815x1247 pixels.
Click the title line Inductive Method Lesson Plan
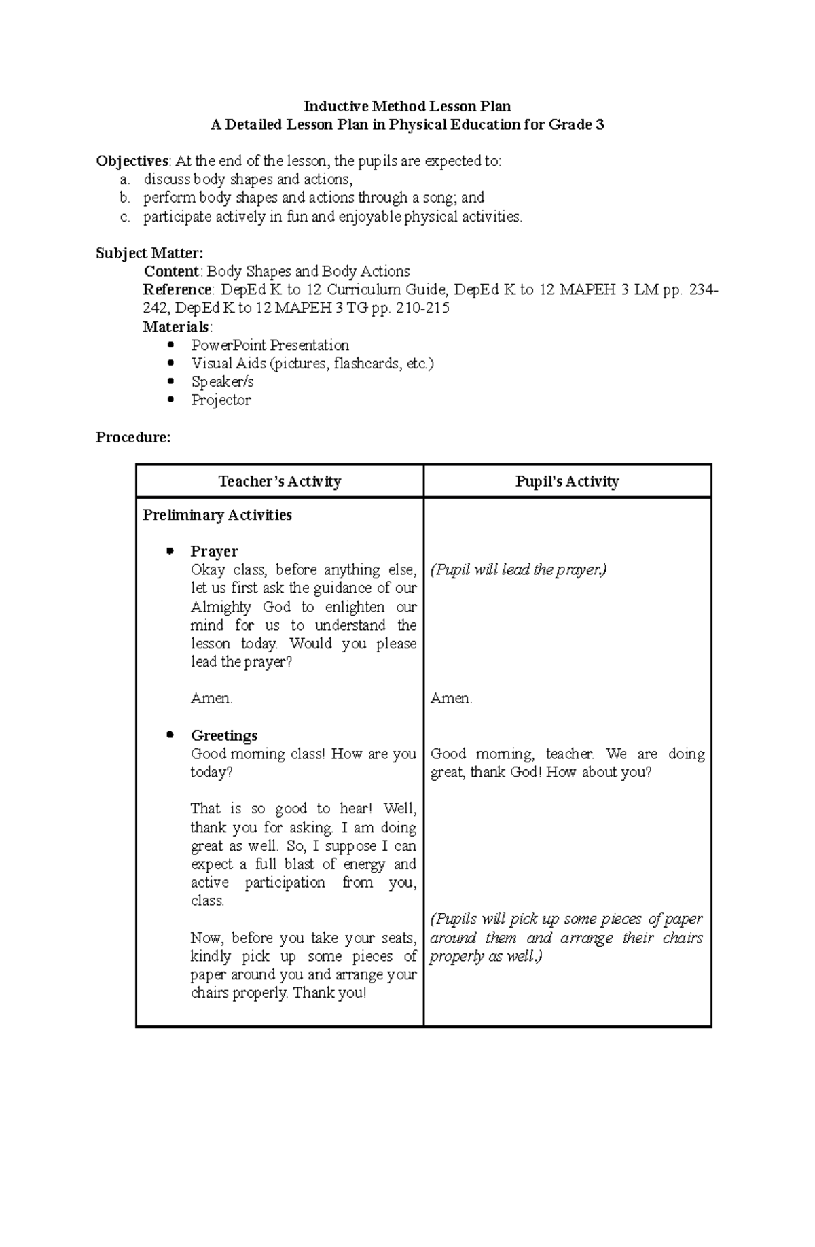click(407, 106)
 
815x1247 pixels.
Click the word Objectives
click(132, 161)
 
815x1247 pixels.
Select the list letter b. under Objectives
click(124, 198)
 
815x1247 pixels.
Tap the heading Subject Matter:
click(149, 253)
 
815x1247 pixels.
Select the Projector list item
click(221, 400)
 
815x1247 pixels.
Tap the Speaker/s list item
click(222, 381)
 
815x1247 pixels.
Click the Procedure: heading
click(133, 437)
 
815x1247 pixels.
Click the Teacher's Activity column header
click(279, 482)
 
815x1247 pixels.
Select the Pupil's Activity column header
click(567, 482)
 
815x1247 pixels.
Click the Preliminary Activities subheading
click(217, 514)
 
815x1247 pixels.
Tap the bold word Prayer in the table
click(214, 551)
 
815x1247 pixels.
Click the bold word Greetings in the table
click(224, 735)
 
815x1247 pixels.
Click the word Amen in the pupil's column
click(451, 698)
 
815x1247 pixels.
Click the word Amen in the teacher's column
click(211, 698)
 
